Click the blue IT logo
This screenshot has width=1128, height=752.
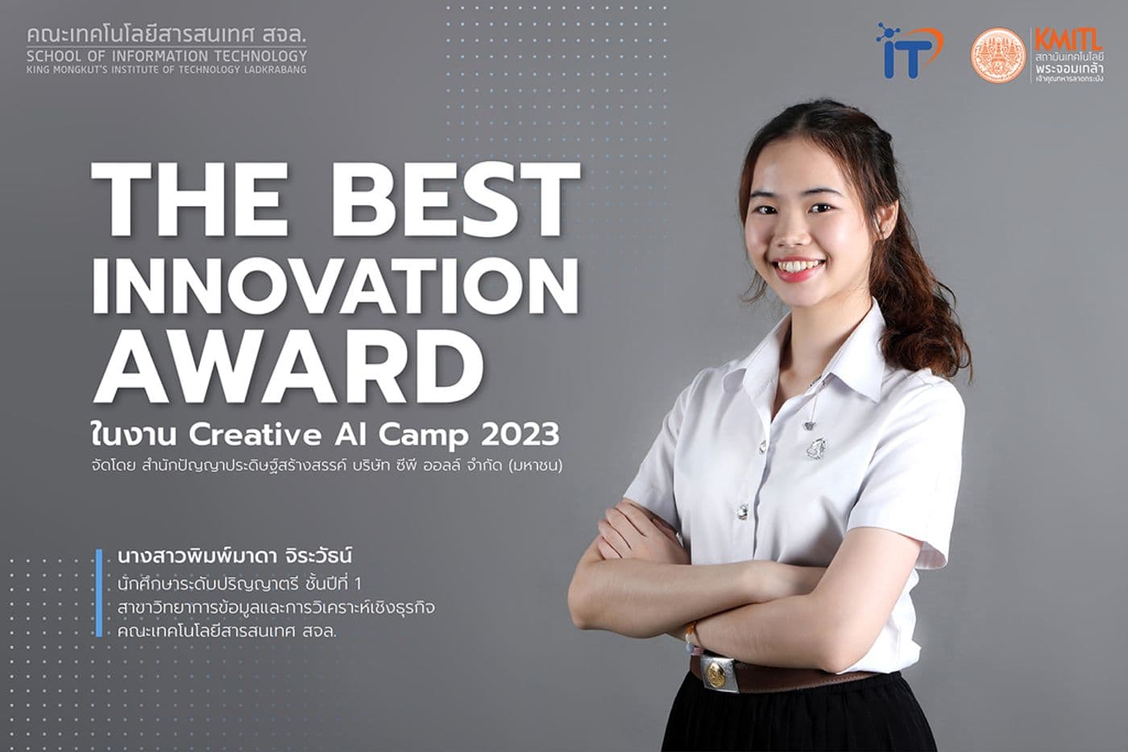(x=907, y=52)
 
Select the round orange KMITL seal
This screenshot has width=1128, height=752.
(x=998, y=56)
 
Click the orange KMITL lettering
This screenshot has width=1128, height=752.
(x=1068, y=39)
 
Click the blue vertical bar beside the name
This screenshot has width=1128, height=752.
(x=99, y=593)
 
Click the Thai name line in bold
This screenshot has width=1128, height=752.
(x=236, y=556)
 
